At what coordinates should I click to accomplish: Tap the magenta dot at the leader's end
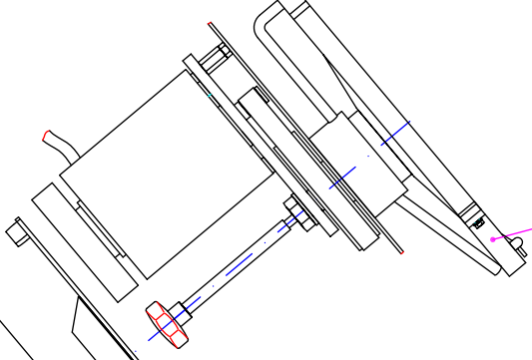[493, 239]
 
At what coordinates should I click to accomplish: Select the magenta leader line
[513, 234]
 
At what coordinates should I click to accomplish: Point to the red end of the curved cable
[46, 136]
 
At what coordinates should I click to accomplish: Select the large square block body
[167, 175]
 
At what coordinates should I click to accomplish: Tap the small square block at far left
[16, 233]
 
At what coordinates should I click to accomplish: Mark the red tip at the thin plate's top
[211, 25]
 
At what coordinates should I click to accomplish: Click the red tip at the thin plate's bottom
[401, 251]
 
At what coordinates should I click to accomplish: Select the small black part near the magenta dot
[478, 223]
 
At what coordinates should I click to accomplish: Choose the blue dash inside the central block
[343, 179]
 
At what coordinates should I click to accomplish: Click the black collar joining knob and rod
[181, 310]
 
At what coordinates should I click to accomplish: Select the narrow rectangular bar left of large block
[84, 242]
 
